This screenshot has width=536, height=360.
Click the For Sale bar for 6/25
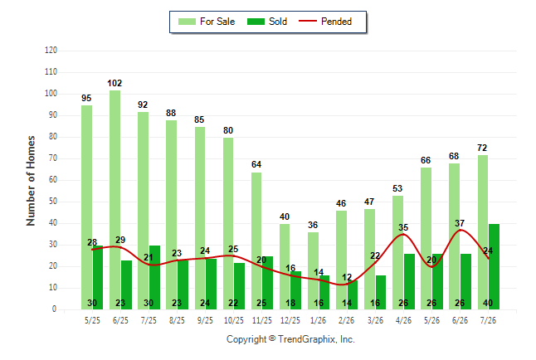click(115, 200)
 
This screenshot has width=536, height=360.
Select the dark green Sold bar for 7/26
click(494, 266)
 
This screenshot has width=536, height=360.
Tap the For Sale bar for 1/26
click(313, 271)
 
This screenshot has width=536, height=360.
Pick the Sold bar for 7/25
click(154, 278)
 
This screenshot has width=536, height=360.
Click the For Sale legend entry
click(207, 22)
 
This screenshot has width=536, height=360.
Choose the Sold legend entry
click(267, 22)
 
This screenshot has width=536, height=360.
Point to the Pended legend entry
click(325, 22)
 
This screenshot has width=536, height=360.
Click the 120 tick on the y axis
click(51, 51)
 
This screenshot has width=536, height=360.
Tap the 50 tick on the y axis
click(53, 202)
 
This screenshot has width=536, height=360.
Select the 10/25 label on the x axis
click(234, 320)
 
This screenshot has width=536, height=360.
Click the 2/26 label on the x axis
click(346, 320)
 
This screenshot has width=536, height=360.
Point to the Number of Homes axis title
click(31, 181)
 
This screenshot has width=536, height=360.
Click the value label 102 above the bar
click(115, 83)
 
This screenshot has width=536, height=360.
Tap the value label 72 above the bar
click(482, 148)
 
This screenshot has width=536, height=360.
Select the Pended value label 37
click(460, 223)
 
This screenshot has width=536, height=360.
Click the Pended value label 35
click(403, 227)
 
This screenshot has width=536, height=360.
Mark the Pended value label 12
click(347, 277)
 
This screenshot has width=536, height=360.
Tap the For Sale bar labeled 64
click(256, 241)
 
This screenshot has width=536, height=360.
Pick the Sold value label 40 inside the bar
click(488, 303)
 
